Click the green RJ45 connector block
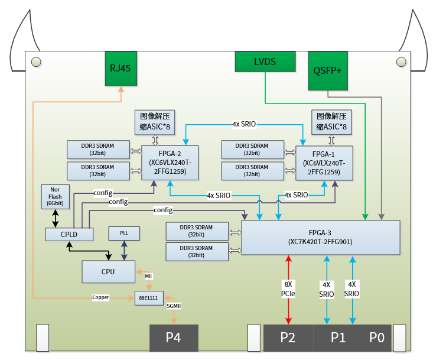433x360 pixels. (x=121, y=68)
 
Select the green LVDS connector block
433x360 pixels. (x=265, y=61)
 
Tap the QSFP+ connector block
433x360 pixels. (x=328, y=71)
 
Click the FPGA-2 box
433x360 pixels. (x=170, y=163)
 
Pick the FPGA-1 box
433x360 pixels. (x=324, y=163)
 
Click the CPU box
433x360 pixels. (x=108, y=271)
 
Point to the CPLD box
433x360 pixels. (x=69, y=234)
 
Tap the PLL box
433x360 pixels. (x=124, y=233)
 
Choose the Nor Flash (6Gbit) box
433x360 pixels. (x=55, y=196)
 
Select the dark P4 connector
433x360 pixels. (x=173, y=338)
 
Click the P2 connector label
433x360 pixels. (x=288, y=338)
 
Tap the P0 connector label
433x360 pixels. (x=376, y=338)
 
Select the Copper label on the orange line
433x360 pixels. (x=100, y=297)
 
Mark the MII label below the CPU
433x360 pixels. (x=148, y=275)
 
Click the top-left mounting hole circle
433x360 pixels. (x=35, y=61)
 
